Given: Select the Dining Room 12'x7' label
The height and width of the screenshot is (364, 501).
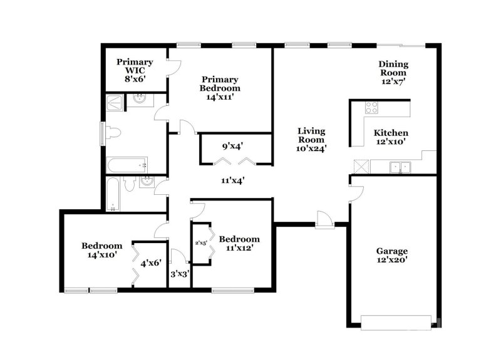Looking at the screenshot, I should pos(394,73).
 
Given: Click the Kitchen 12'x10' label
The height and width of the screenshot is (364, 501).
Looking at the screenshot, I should pos(391,138).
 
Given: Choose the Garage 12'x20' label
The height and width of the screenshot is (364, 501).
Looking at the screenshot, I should pos(393,254).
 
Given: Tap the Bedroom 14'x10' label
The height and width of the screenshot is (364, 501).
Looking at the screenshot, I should pos(101,251).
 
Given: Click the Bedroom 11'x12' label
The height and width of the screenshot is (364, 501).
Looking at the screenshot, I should pos(239,243).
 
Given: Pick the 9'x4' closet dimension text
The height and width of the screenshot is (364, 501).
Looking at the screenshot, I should pos(233,147).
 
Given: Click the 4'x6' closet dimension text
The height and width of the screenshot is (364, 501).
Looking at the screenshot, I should pos(151,264).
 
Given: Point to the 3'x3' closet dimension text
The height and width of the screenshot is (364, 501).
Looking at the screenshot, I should pos(180,274).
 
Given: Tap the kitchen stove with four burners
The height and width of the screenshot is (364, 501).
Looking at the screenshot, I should pos(371,108).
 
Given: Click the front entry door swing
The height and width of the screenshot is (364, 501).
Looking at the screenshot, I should pos(324,220).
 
